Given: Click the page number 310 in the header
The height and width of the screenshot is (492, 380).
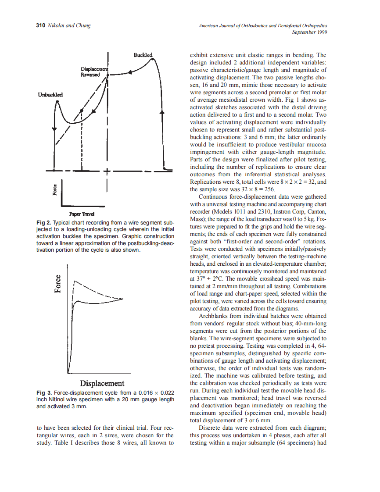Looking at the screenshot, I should [40, 26].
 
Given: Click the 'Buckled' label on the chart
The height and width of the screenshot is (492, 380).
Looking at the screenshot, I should [143, 55].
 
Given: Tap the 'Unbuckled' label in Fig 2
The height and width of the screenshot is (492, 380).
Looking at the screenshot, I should [50, 94].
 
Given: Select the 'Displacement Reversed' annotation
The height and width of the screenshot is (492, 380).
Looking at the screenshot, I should [93, 72].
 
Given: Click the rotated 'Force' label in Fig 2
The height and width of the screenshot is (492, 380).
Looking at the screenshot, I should [55, 189].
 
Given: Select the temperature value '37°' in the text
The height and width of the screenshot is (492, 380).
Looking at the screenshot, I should [196, 278].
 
